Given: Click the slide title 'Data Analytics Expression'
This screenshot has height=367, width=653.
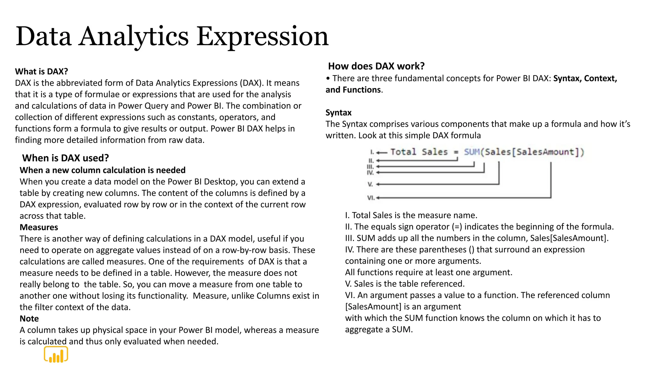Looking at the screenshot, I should (x=172, y=36).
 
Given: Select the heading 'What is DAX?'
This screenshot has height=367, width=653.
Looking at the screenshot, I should (x=41, y=71).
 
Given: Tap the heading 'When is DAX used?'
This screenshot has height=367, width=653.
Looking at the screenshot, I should (x=65, y=158).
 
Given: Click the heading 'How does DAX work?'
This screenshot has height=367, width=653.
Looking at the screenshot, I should (x=376, y=66).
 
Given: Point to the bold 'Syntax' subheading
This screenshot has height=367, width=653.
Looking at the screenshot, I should (x=338, y=113).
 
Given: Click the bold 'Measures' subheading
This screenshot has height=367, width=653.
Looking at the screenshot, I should (x=39, y=227).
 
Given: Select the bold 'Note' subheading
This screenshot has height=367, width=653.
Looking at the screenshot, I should (x=29, y=319).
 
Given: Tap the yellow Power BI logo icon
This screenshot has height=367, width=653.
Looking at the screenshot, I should (x=56, y=355).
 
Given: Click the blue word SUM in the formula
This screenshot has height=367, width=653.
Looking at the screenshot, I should (x=472, y=152).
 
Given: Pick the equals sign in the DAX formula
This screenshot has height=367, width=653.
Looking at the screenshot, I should (x=456, y=152).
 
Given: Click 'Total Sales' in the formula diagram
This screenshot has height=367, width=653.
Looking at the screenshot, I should (x=419, y=152).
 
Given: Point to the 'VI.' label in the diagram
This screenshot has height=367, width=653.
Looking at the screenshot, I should (x=371, y=198).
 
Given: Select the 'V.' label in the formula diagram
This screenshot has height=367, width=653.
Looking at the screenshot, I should (x=370, y=184).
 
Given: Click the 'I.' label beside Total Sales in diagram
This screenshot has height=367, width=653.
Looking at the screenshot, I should (x=372, y=152).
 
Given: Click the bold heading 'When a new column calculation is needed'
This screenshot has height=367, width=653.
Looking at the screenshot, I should (x=102, y=170).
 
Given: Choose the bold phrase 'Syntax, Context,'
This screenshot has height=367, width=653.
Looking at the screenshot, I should (x=585, y=78).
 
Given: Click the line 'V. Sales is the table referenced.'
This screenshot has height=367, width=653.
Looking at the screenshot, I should (x=405, y=284).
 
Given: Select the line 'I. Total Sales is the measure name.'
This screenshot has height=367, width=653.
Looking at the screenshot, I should (x=411, y=215).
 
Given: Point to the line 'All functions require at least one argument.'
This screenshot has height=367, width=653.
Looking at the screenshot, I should (x=429, y=272).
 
